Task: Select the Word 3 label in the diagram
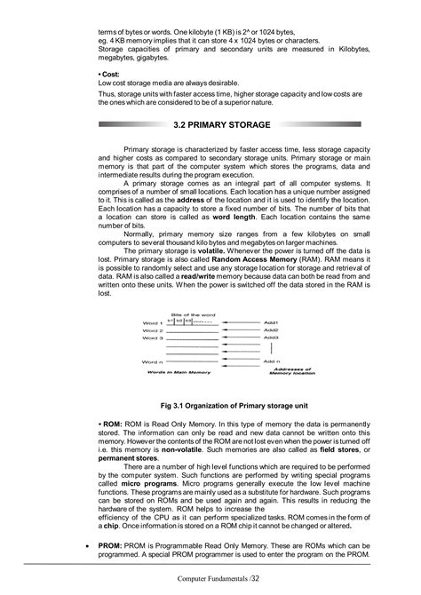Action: click(x=154, y=338)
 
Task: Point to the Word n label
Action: click(x=154, y=361)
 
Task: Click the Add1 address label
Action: click(x=271, y=322)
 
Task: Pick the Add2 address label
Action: click(x=271, y=330)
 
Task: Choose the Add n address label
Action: click(x=271, y=361)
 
